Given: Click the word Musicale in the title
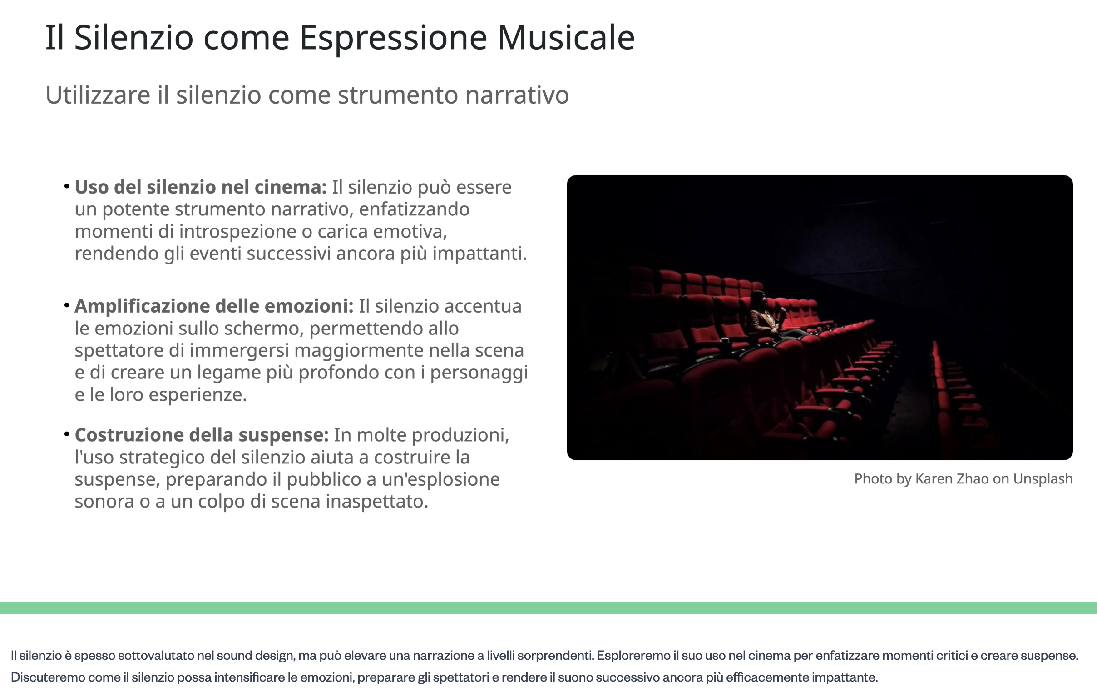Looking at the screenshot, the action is (x=566, y=37).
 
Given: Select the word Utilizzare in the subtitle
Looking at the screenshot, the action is (x=98, y=95).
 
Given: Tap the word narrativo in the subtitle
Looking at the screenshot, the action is (x=517, y=95).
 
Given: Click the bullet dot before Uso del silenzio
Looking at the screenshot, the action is (x=66, y=185).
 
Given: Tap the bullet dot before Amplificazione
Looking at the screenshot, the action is (x=66, y=304).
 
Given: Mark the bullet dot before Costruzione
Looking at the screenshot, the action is (x=66, y=433).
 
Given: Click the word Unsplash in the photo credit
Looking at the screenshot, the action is (x=1043, y=479).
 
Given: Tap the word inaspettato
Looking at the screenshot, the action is (x=377, y=502).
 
